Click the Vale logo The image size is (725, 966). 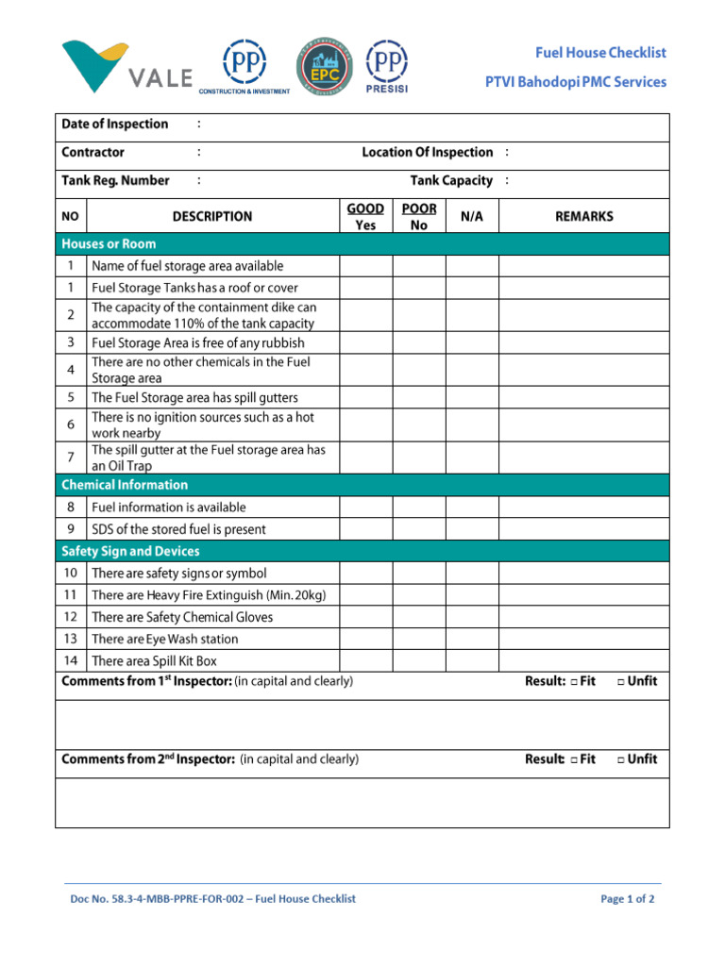[127, 66]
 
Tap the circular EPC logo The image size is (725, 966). [326, 66]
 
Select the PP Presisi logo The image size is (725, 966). [387, 66]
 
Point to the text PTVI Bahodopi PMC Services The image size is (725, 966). [575, 82]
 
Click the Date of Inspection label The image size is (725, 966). [114, 125]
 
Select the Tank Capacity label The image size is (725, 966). [451, 180]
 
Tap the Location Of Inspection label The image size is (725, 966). [427, 152]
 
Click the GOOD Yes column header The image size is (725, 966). [365, 216]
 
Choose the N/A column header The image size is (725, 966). [471, 216]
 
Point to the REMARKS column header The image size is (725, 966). [583, 216]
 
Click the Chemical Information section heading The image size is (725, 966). [125, 485]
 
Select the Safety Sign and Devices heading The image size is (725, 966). [130, 551]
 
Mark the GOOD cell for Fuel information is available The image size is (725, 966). [365, 508]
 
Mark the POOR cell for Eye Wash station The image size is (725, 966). [419, 640]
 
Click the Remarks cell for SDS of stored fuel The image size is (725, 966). [583, 529]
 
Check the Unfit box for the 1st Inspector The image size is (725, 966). [621, 682]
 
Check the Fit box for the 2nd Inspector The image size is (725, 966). [574, 759]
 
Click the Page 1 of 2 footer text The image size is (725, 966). [627, 899]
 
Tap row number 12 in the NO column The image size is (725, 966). [71, 617]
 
